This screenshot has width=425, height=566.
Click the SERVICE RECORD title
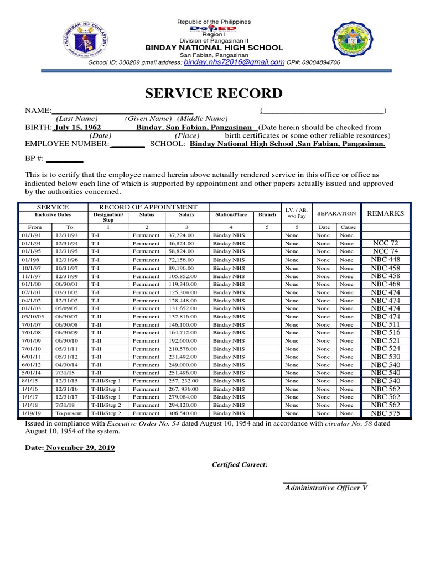tap(214, 93)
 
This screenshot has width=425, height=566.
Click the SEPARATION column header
tap(336, 213)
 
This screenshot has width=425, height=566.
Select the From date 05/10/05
tap(32, 316)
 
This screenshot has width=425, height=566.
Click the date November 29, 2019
tap(80, 448)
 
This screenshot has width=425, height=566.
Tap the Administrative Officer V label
tap(325, 488)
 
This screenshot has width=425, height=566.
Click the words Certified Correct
tap(240, 465)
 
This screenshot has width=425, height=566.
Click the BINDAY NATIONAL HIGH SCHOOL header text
tap(214, 48)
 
